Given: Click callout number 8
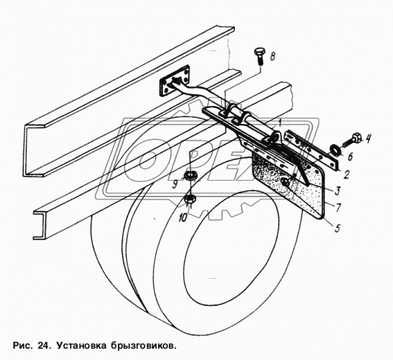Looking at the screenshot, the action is [272, 56].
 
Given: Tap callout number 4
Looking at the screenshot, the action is [367, 139].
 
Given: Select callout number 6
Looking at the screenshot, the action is [350, 157].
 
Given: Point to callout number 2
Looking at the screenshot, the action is [346, 175].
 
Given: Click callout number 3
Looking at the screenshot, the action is [337, 191].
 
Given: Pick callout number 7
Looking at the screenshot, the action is [338, 207].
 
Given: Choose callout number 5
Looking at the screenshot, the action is [338, 228].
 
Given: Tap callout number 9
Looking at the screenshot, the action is [175, 185].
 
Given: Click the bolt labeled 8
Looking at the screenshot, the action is [258, 56].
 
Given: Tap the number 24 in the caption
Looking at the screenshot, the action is [43, 346].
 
